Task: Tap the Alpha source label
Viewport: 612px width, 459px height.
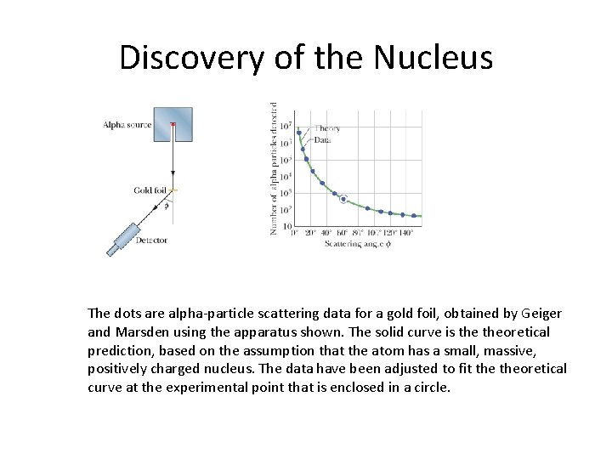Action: pyautogui.click(x=127, y=125)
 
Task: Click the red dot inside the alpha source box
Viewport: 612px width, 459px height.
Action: pyautogui.click(x=173, y=124)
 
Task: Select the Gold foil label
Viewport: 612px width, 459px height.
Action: pyautogui.click(x=149, y=190)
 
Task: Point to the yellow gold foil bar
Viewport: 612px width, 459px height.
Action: pyautogui.click(x=173, y=190)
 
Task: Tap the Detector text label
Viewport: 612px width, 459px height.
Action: pyautogui.click(x=150, y=241)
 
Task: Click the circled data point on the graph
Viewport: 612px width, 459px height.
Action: pyautogui.click(x=343, y=199)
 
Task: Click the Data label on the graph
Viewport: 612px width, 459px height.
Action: pyautogui.click(x=322, y=139)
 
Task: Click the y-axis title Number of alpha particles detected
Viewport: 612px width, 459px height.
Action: pyautogui.click(x=274, y=168)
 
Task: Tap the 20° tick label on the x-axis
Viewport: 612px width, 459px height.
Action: pyautogui.click(x=311, y=233)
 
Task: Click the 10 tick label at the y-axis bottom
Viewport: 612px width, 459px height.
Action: pyautogui.click(x=286, y=226)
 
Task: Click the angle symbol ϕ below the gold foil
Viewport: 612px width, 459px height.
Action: pyautogui.click(x=167, y=205)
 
